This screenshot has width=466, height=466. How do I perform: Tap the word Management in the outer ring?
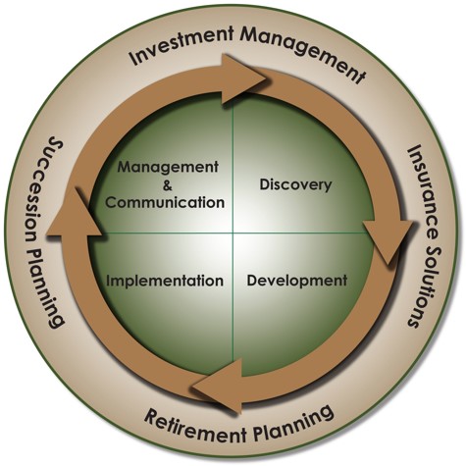(x=302, y=52)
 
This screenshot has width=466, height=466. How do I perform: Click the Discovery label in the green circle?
(x=295, y=184)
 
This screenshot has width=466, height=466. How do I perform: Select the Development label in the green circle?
(x=297, y=281)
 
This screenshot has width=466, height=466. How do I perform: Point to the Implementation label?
(x=165, y=281)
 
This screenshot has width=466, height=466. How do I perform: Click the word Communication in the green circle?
(x=165, y=202)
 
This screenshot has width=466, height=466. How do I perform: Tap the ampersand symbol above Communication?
(x=167, y=186)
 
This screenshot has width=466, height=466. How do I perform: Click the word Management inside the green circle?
(x=168, y=168)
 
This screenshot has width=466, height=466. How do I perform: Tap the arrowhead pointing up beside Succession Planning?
(x=74, y=214)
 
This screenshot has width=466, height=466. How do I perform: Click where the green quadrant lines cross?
(x=233, y=233)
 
